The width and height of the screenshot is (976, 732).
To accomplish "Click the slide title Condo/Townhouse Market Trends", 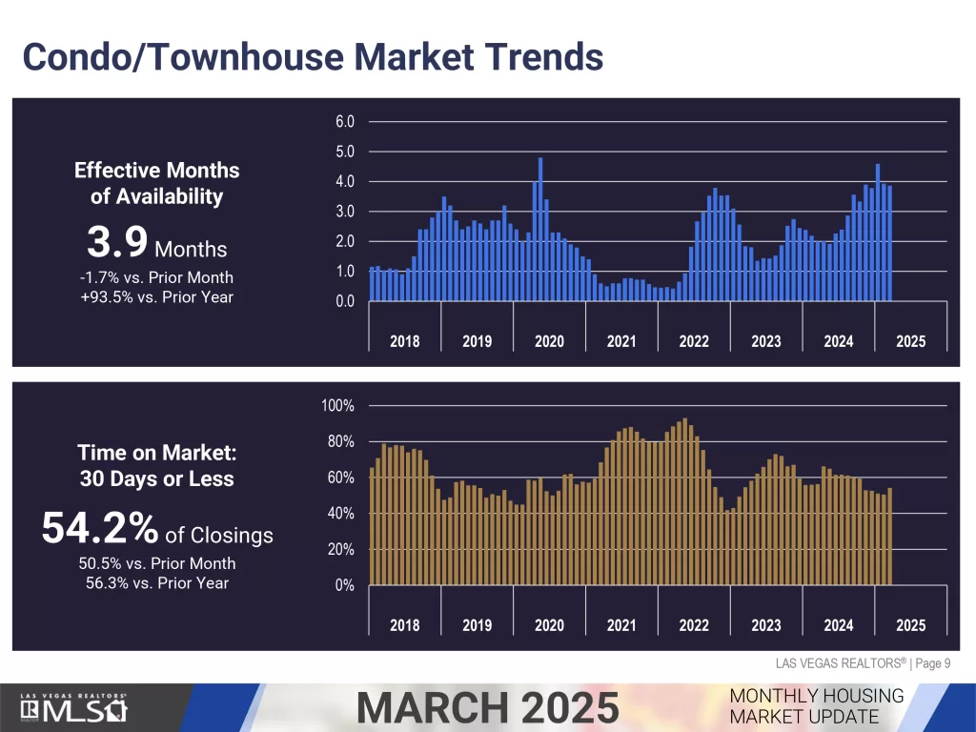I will coord(313,56).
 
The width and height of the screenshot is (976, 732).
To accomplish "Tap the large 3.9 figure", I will coord(117,243).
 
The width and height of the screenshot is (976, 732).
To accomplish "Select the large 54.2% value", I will coord(100,529).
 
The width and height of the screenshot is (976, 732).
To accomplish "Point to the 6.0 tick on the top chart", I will coord(344,122).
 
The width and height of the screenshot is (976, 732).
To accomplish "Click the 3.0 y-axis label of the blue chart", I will coord(344,212).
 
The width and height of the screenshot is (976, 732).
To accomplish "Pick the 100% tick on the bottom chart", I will coord(338,406).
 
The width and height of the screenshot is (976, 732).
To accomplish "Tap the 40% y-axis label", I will coord(341,514).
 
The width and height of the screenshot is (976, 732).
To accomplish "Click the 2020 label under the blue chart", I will coord(549,341).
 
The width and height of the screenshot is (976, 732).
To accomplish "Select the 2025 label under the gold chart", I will coord(910,625).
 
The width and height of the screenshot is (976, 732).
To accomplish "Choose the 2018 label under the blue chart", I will coord(404,341).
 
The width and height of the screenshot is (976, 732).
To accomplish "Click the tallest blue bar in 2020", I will coord(540,229).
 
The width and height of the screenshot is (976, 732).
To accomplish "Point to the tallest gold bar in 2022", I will coord(685,500).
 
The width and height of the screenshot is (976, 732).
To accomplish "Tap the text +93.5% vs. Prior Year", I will coord(157,296).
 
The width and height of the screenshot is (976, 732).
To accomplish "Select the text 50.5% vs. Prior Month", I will coord(157,563).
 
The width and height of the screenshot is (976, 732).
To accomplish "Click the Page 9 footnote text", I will coord(932,663).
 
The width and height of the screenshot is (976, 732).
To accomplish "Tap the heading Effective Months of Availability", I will coord(157,183).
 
